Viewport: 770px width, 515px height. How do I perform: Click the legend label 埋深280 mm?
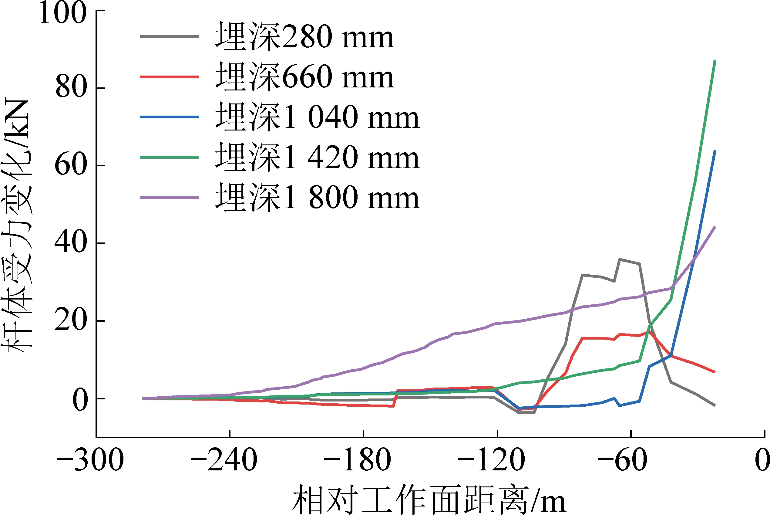[x=304, y=37]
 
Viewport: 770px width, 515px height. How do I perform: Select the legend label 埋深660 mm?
[x=304, y=77]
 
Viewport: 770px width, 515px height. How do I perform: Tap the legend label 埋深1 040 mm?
[x=318, y=117]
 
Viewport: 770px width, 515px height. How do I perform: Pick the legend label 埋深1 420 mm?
[x=318, y=157]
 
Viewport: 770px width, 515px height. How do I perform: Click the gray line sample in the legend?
[x=169, y=36]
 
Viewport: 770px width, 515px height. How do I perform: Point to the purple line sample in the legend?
[x=169, y=198]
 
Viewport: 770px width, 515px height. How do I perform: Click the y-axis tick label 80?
[x=71, y=88]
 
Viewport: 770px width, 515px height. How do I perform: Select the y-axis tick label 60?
[x=71, y=165]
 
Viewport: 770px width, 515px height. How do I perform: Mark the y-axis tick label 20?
[x=71, y=320]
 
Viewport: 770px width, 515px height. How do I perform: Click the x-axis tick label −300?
[x=90, y=460]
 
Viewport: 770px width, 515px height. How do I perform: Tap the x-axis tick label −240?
[x=224, y=460]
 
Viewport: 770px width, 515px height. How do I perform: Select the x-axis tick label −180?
[x=358, y=460]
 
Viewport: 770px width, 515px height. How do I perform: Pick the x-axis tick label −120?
[x=491, y=460]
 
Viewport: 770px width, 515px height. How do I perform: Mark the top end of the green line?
[x=715, y=61]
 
